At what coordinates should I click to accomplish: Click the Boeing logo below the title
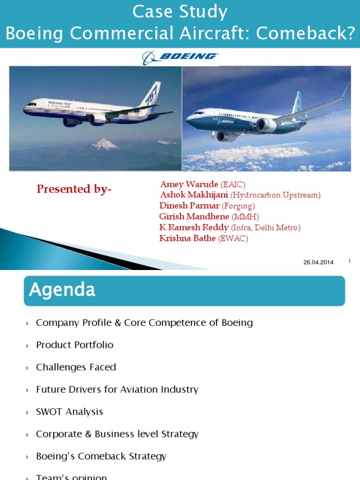(x=180, y=57)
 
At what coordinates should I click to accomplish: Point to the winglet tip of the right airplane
(x=345, y=90)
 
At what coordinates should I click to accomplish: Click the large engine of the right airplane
(x=266, y=125)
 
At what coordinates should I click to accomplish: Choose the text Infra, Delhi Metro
(x=266, y=228)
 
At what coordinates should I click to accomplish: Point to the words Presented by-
(x=74, y=189)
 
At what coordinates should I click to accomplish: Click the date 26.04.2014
(x=318, y=262)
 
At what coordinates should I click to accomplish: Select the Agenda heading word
(x=62, y=290)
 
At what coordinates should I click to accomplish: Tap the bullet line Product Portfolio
(x=75, y=345)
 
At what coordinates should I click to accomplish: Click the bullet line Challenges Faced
(x=76, y=367)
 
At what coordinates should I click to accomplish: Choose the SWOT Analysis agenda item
(x=69, y=412)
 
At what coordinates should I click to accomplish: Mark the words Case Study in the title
(x=180, y=12)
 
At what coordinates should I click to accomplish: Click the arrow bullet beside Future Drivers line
(x=28, y=390)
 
